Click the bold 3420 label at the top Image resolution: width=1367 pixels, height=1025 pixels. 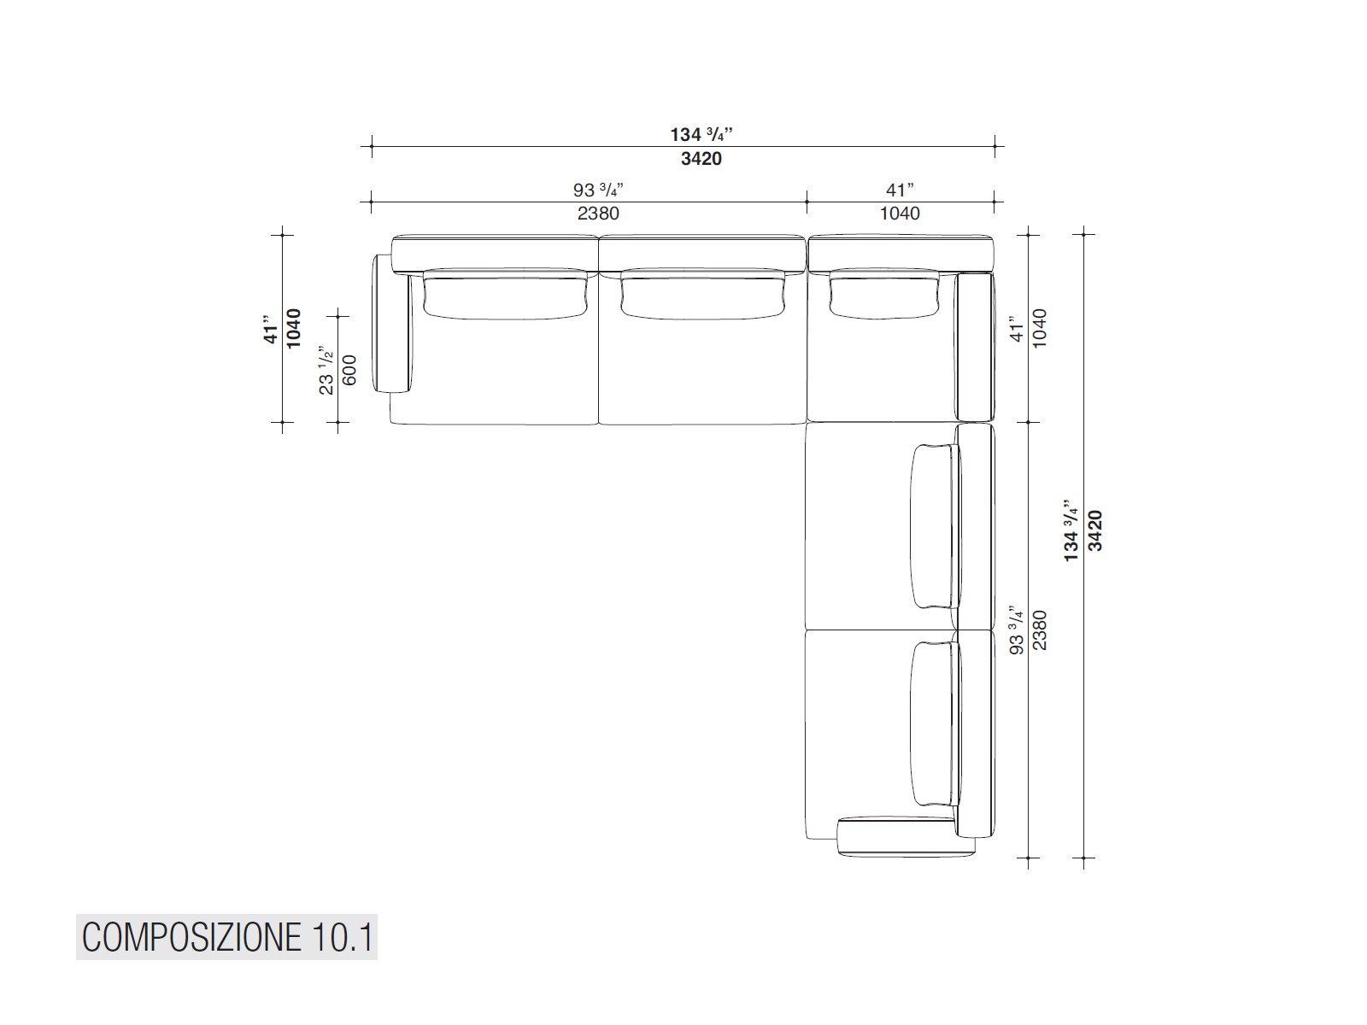tap(701, 159)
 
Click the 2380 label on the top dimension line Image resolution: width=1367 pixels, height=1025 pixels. tap(597, 214)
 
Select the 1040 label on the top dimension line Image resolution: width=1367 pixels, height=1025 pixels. tap(900, 214)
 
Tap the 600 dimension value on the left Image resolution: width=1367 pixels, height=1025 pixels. tap(349, 370)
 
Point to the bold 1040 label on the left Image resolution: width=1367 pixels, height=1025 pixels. tap(293, 328)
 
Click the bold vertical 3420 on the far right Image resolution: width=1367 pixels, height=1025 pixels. tap(1096, 530)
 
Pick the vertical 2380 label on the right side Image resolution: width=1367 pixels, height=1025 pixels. tap(1039, 630)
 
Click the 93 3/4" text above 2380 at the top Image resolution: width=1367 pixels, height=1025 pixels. tap(597, 190)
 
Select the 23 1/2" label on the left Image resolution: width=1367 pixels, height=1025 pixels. tap(326, 370)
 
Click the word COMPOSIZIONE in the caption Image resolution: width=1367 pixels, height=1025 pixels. tap(187, 938)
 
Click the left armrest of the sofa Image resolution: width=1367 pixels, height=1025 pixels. tap(392, 325)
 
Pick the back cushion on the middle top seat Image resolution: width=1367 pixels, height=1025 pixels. tap(702, 294)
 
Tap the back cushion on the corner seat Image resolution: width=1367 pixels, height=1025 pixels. tap(886, 294)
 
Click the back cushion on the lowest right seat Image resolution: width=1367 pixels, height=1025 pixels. tap(934, 724)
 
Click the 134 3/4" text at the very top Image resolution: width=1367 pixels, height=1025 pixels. tap(701, 135)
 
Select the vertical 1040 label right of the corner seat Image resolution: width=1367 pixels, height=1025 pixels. tap(1039, 326)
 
